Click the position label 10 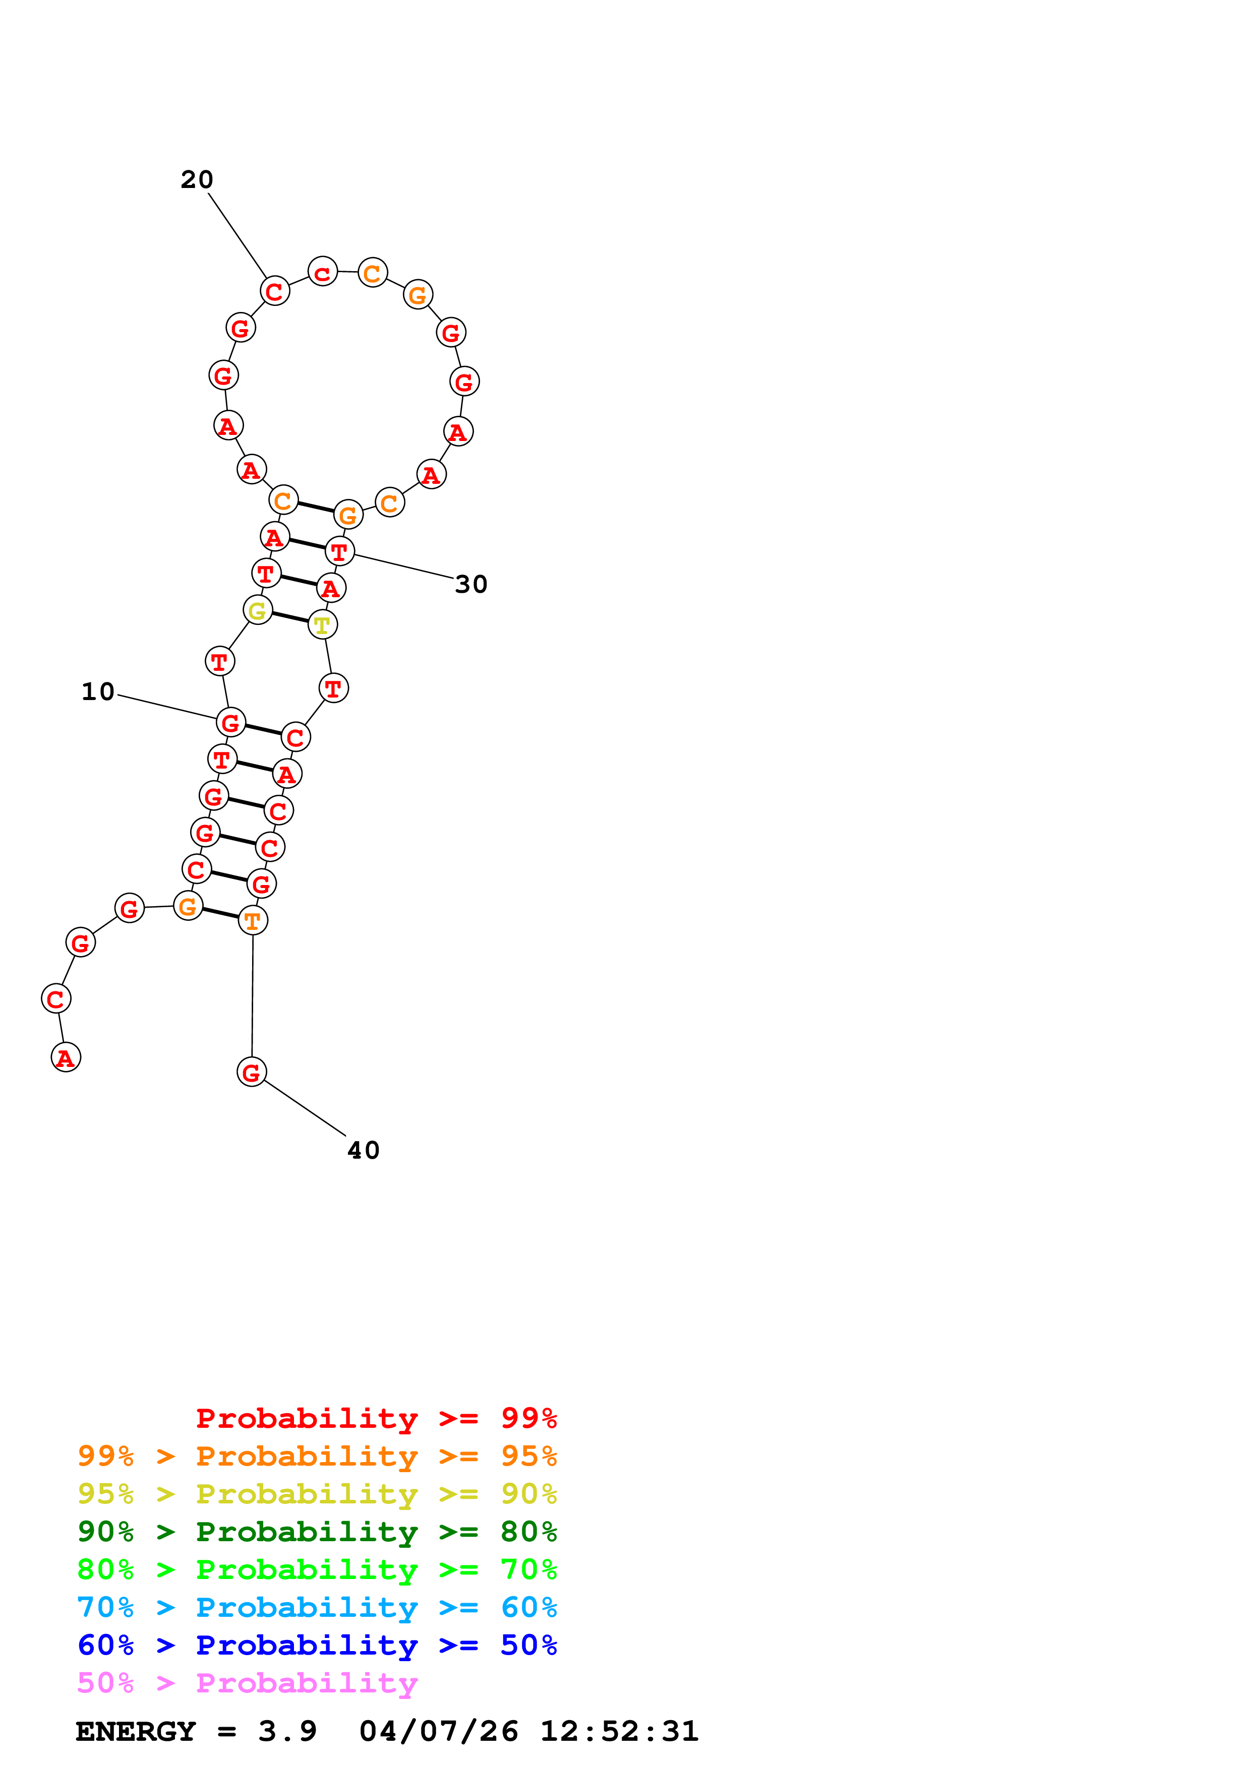(98, 691)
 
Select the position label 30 (470, 585)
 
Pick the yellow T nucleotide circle (322, 624)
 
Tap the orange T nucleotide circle (253, 920)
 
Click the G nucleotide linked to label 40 (252, 1071)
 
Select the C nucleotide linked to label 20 (274, 291)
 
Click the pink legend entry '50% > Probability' (247, 1683)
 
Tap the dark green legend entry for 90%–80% (317, 1532)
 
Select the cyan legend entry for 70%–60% (317, 1608)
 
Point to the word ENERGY (136, 1732)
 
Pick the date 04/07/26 (438, 1732)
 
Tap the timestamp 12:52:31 (619, 1732)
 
